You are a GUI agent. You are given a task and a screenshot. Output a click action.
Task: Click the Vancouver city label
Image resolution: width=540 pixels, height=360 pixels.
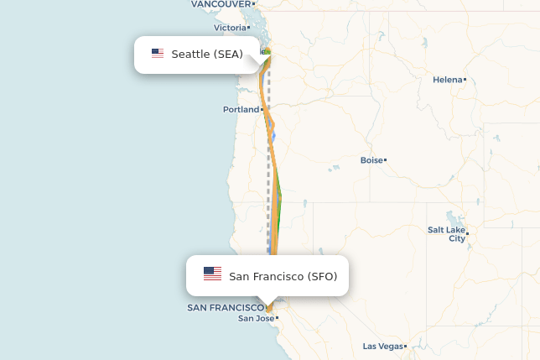[221, 4]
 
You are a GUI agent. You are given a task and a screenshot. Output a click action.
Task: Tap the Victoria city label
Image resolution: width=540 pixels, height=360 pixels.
[230, 28]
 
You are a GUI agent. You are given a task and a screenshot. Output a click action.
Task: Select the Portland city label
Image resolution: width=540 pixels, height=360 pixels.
[240, 110]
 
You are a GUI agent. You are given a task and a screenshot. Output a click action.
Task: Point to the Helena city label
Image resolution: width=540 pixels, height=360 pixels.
[447, 80]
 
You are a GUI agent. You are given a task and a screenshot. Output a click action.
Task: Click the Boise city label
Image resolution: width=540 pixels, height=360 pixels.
[371, 160]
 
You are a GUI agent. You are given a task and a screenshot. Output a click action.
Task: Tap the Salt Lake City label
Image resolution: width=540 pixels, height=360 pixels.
[445, 233]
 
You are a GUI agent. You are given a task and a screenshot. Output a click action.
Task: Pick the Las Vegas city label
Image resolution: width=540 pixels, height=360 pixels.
[382, 346]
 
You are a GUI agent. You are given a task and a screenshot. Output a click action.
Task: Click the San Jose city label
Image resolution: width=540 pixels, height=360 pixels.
[256, 318]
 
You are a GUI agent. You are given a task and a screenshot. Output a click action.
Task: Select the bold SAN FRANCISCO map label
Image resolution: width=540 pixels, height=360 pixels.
[225, 308]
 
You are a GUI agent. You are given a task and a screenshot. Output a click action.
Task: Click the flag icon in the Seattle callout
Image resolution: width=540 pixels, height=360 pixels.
[158, 54]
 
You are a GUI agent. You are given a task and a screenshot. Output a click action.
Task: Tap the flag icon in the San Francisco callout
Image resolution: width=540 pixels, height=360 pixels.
[212, 274]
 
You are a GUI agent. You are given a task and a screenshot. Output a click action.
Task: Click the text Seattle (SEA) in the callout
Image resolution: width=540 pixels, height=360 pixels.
[207, 55]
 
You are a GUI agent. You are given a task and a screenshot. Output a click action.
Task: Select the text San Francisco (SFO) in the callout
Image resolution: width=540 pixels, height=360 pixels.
[283, 276]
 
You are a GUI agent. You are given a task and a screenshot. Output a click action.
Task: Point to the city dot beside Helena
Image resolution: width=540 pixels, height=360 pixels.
[465, 80]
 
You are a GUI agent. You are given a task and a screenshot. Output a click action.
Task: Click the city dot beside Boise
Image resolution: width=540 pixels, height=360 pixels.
[385, 159]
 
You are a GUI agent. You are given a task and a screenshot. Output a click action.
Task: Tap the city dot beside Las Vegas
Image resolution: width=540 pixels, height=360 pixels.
[405, 346]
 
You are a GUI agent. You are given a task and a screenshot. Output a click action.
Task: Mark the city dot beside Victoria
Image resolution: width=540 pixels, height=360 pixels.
[249, 28]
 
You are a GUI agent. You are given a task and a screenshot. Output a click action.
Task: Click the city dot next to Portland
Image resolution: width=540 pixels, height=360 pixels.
[262, 110]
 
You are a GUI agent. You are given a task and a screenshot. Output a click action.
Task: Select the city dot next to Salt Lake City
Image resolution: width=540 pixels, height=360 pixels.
[467, 233]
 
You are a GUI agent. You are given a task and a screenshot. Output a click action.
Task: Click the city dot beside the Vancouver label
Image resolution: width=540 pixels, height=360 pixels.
[253, 4]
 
